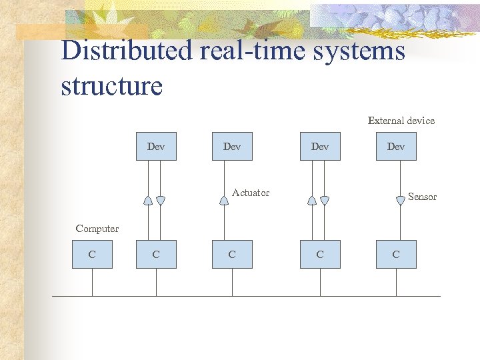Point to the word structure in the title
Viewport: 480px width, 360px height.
click(x=111, y=86)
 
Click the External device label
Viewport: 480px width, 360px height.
click(x=401, y=121)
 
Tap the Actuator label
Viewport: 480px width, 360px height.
click(x=251, y=193)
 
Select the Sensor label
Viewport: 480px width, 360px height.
click(x=422, y=197)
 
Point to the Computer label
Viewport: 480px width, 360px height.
click(x=97, y=229)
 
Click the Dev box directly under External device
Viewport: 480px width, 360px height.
click(x=396, y=147)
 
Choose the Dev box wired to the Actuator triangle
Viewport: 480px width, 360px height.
click(x=232, y=147)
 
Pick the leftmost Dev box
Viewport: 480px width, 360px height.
click(x=156, y=147)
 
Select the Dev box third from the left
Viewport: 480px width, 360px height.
click(x=320, y=147)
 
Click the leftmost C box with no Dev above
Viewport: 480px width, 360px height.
click(x=92, y=255)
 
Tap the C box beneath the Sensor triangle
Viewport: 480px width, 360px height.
click(x=396, y=255)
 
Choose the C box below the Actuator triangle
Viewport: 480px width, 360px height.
click(x=232, y=255)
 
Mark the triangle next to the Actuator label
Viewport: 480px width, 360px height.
click(x=223, y=200)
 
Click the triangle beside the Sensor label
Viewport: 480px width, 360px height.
click(x=400, y=200)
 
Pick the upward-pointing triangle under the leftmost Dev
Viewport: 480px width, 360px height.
click(x=148, y=200)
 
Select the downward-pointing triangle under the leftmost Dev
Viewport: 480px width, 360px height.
click(x=161, y=200)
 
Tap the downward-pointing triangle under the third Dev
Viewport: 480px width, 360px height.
click(x=325, y=200)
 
